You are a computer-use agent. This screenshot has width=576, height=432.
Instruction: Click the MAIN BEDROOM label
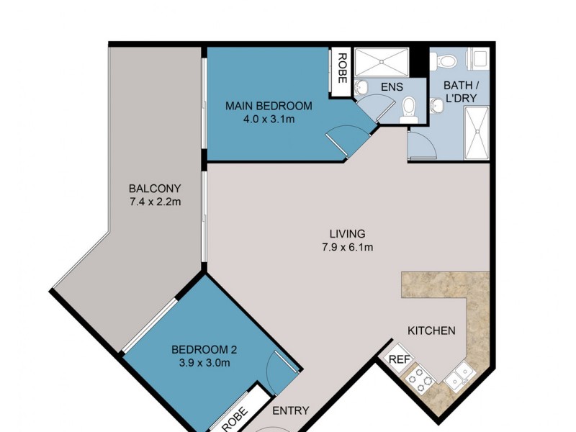pos(269,106)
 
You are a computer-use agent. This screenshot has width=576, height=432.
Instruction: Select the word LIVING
pos(348,233)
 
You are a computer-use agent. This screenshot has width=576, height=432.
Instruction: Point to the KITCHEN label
pos(431,330)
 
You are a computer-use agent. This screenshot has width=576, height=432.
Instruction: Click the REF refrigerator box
pos(399,359)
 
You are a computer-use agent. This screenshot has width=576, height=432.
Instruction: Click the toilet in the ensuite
pos(410,108)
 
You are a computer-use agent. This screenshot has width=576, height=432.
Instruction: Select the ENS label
pos(392,87)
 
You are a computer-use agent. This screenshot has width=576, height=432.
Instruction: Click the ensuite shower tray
pos(382,63)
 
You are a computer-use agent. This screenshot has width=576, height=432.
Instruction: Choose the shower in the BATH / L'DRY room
pos(477,133)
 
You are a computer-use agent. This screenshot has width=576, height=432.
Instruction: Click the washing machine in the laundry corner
pos(478,58)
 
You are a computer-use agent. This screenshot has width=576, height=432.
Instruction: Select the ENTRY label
pos(292,411)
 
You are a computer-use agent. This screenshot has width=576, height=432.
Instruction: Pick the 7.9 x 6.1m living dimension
pos(348,247)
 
